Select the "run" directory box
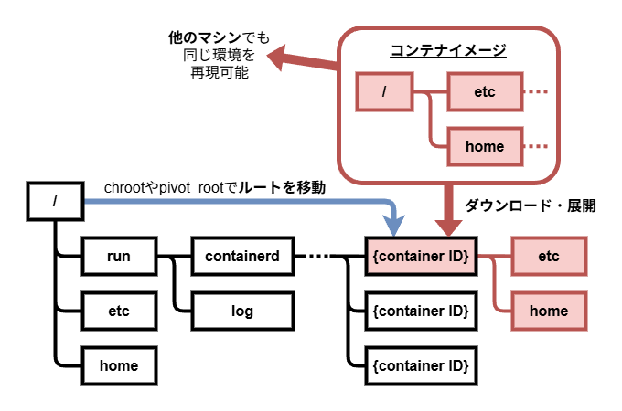tap(119, 257)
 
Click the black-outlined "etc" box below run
tap(119, 311)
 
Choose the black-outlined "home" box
tap(119, 365)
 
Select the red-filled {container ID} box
tap(421, 257)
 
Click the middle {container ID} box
tap(421, 311)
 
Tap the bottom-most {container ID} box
tap(421, 365)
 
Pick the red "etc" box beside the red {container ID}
tap(549, 257)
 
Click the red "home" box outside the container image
tap(549, 311)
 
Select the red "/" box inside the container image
tap(384, 91)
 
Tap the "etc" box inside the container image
tap(485, 91)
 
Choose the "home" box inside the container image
tap(485, 146)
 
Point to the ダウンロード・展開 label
tap(531, 205)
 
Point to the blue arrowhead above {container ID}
tap(395, 226)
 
